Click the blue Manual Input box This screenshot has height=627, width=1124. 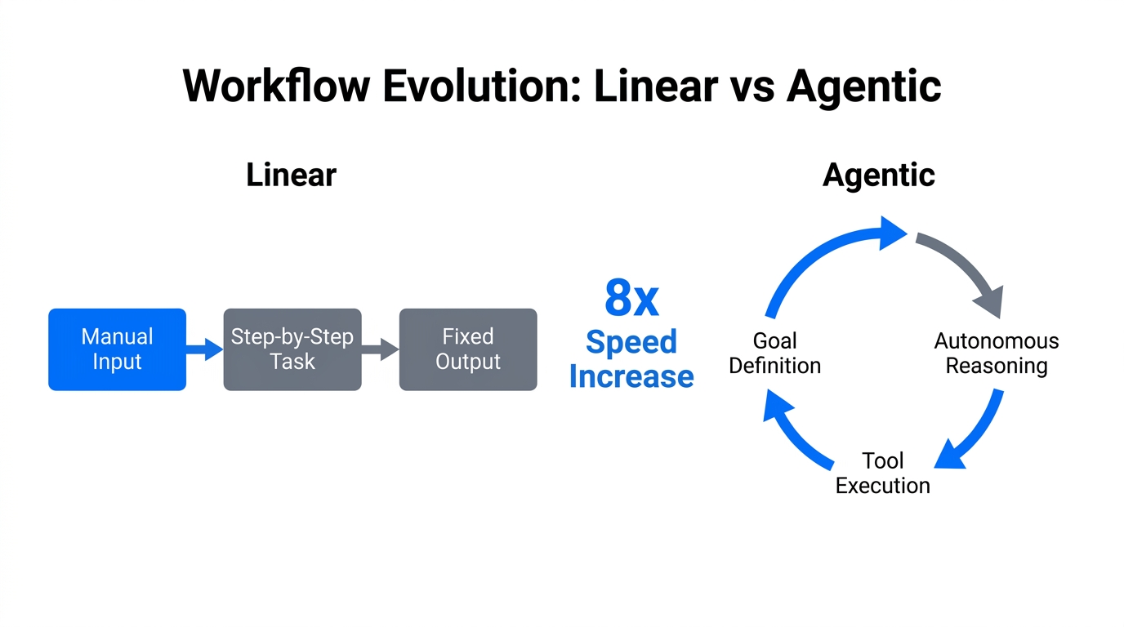pyautogui.click(x=117, y=349)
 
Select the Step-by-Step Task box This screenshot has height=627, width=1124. pyautogui.click(x=292, y=349)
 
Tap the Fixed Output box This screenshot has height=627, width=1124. pyautogui.click(x=467, y=349)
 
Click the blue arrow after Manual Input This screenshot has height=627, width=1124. pyautogui.click(x=204, y=349)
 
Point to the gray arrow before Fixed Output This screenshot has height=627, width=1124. pyautogui.click(x=380, y=349)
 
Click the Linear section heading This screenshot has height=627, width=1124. pyautogui.click(x=291, y=176)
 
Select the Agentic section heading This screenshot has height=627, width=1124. pyautogui.click(x=878, y=176)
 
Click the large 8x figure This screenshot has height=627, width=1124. pyautogui.click(x=631, y=299)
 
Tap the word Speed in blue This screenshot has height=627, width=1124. pyautogui.click(x=631, y=341)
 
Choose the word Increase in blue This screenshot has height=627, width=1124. pyautogui.click(x=631, y=376)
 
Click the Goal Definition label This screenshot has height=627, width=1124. pyautogui.click(x=774, y=353)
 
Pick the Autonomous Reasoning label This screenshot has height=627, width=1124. pyautogui.click(x=996, y=353)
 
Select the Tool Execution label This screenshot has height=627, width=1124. pyautogui.click(x=882, y=473)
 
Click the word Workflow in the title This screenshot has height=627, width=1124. pyautogui.click(x=275, y=87)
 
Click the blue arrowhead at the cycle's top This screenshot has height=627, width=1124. pyautogui.click(x=892, y=233)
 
